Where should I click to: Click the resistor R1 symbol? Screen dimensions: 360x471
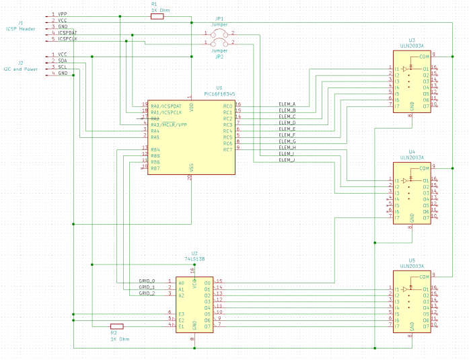[x=156, y=17]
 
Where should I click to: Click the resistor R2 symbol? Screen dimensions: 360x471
[x=116, y=326]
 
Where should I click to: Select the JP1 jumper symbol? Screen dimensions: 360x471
[x=219, y=33]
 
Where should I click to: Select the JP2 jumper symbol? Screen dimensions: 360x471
[x=219, y=43]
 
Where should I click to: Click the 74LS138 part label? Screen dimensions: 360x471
[x=194, y=258]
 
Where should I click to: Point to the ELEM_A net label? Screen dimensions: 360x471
[x=287, y=104]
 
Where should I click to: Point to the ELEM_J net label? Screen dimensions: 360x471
[x=287, y=160]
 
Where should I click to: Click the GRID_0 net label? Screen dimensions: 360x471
[x=147, y=281]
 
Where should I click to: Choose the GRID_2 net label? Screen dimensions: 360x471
[x=147, y=293]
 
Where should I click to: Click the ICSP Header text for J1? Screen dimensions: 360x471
[x=20, y=28]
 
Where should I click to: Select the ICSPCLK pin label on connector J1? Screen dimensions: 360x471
[x=67, y=39]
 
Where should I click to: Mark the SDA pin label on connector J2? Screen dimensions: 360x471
[x=62, y=61]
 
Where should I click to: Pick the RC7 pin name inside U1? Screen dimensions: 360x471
[x=227, y=149]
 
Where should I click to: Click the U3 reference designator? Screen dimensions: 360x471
[x=412, y=40]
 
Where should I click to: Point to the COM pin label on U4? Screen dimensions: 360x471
[x=424, y=168]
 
